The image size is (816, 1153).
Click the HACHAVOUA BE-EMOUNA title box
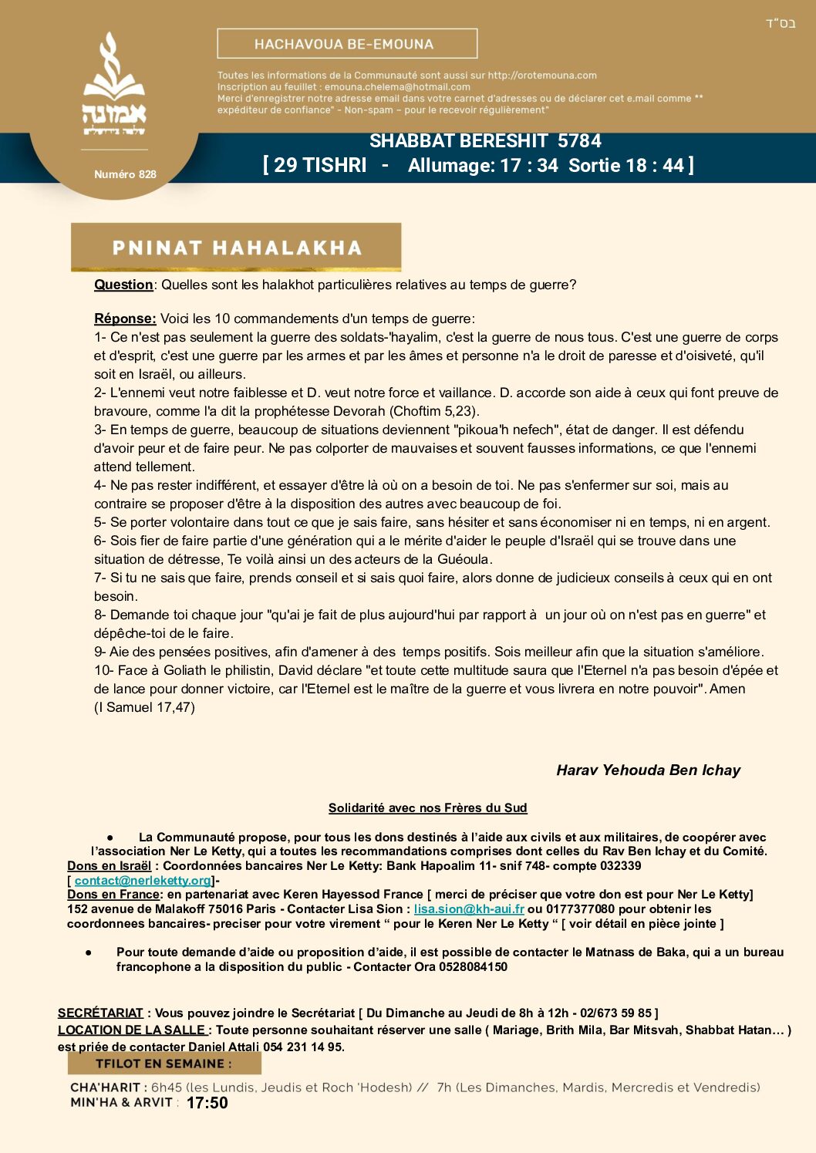[x=347, y=44]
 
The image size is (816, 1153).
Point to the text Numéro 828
[x=125, y=174]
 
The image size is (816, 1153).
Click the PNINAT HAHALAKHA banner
[x=236, y=248]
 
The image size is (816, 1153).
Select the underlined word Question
[x=123, y=285]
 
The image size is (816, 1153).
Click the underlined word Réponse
[x=125, y=319]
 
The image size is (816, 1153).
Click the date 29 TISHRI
[x=320, y=166]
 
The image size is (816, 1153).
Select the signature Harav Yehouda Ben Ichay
[x=648, y=770]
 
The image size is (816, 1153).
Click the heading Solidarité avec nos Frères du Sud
[x=427, y=807]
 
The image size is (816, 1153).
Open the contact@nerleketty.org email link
[x=143, y=880]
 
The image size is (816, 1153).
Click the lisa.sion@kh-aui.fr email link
[x=469, y=909]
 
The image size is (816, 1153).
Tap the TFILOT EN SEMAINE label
[x=164, y=1064]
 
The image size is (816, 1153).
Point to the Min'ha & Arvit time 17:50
[x=207, y=1103]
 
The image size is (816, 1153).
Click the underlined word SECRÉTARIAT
[x=100, y=1013]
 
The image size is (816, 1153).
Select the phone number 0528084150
[x=473, y=966]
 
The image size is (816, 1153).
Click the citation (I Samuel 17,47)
[x=144, y=707]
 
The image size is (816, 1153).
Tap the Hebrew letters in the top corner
[x=780, y=23]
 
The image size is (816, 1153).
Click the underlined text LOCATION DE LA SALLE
[x=132, y=1030]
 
